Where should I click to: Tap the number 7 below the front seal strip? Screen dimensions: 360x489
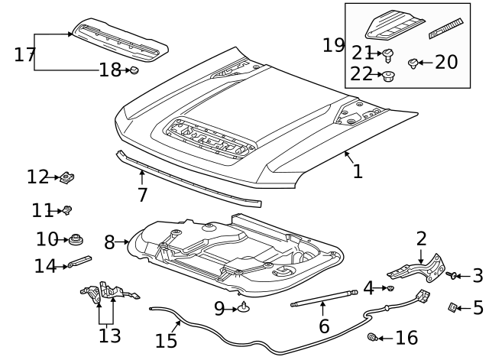142,195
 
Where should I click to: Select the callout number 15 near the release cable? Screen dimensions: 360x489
167,339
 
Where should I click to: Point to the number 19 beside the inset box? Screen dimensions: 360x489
333,45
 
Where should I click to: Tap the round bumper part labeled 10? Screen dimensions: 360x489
76,241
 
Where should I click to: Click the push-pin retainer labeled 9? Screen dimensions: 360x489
244,308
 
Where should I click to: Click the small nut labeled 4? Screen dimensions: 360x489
390,288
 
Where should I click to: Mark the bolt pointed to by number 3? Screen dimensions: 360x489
452,275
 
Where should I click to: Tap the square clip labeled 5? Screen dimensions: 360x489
453,307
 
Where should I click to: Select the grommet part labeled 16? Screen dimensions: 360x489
373,337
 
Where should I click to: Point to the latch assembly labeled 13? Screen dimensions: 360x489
107,294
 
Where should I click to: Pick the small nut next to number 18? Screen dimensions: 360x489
134,70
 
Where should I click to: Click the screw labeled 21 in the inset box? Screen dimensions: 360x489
388,54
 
